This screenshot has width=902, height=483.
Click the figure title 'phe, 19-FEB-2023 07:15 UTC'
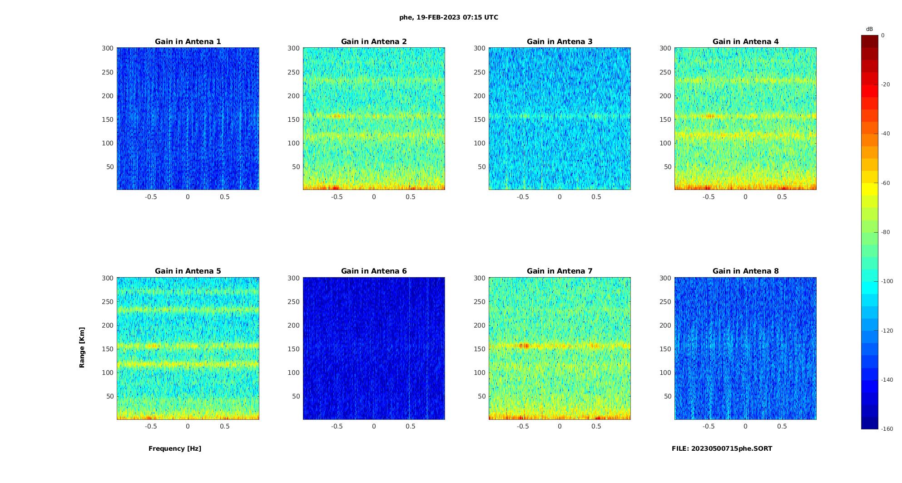point(448,18)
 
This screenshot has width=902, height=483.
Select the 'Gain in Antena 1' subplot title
point(188,42)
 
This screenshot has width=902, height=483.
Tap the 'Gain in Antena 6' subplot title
point(374,271)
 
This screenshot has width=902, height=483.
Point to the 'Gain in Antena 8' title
point(745,271)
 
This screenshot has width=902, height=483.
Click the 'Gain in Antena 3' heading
point(560,42)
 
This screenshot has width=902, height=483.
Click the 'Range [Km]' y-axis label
point(82,348)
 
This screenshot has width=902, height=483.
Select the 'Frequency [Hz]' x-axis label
point(175,448)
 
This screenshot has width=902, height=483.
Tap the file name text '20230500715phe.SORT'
point(732,448)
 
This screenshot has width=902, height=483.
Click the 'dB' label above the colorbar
point(869,29)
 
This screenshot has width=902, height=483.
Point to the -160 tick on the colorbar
point(887,429)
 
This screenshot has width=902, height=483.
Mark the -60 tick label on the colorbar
point(886,183)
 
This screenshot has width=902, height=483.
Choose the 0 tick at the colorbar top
point(883,35)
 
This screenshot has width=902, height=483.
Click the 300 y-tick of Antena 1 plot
point(108,48)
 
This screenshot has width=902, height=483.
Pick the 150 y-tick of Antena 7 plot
point(480,349)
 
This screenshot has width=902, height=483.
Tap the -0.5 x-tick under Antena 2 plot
point(337,197)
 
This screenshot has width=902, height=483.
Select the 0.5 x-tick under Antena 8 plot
point(782,426)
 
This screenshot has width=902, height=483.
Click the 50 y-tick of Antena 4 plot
point(668,167)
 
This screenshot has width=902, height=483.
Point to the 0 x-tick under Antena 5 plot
point(188,426)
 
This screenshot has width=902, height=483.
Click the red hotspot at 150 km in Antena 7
point(525,346)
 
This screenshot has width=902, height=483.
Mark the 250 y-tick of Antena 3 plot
point(480,72)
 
